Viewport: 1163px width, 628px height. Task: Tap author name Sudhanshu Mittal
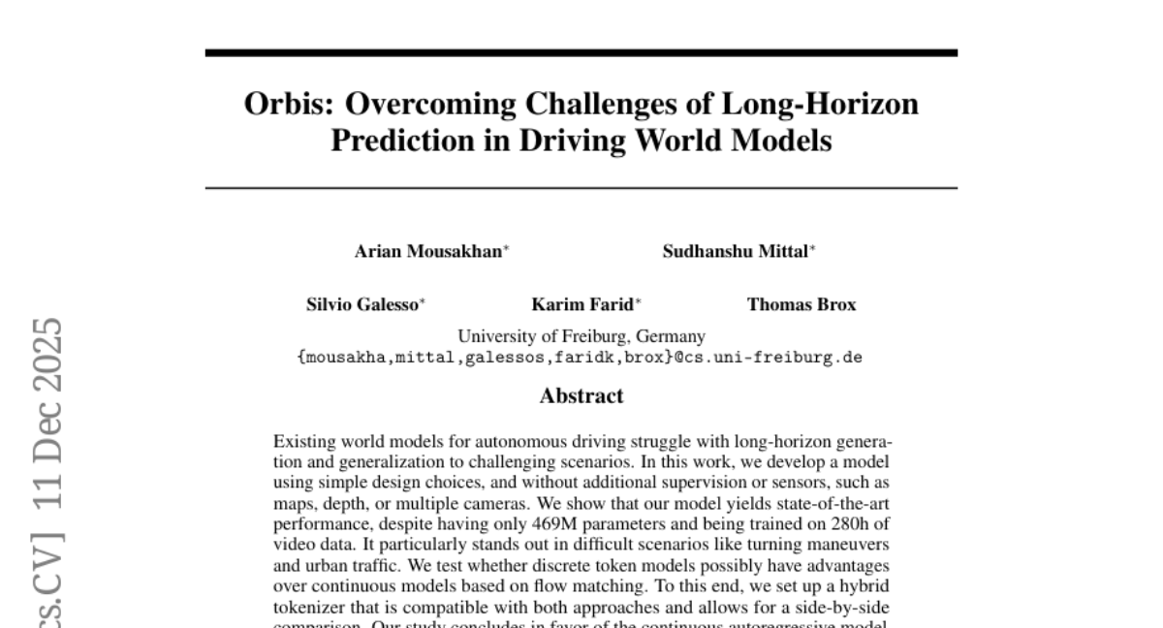[x=736, y=252]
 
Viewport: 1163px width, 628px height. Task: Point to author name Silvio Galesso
[x=363, y=304]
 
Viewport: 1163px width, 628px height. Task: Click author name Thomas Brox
[x=802, y=304]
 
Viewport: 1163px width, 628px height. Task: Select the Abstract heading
[x=581, y=395]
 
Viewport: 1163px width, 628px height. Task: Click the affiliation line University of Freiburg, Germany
[x=581, y=337]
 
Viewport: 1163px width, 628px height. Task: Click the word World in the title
[x=682, y=141]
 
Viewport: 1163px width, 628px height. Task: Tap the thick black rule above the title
[x=581, y=52]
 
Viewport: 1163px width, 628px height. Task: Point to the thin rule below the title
[x=581, y=187]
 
